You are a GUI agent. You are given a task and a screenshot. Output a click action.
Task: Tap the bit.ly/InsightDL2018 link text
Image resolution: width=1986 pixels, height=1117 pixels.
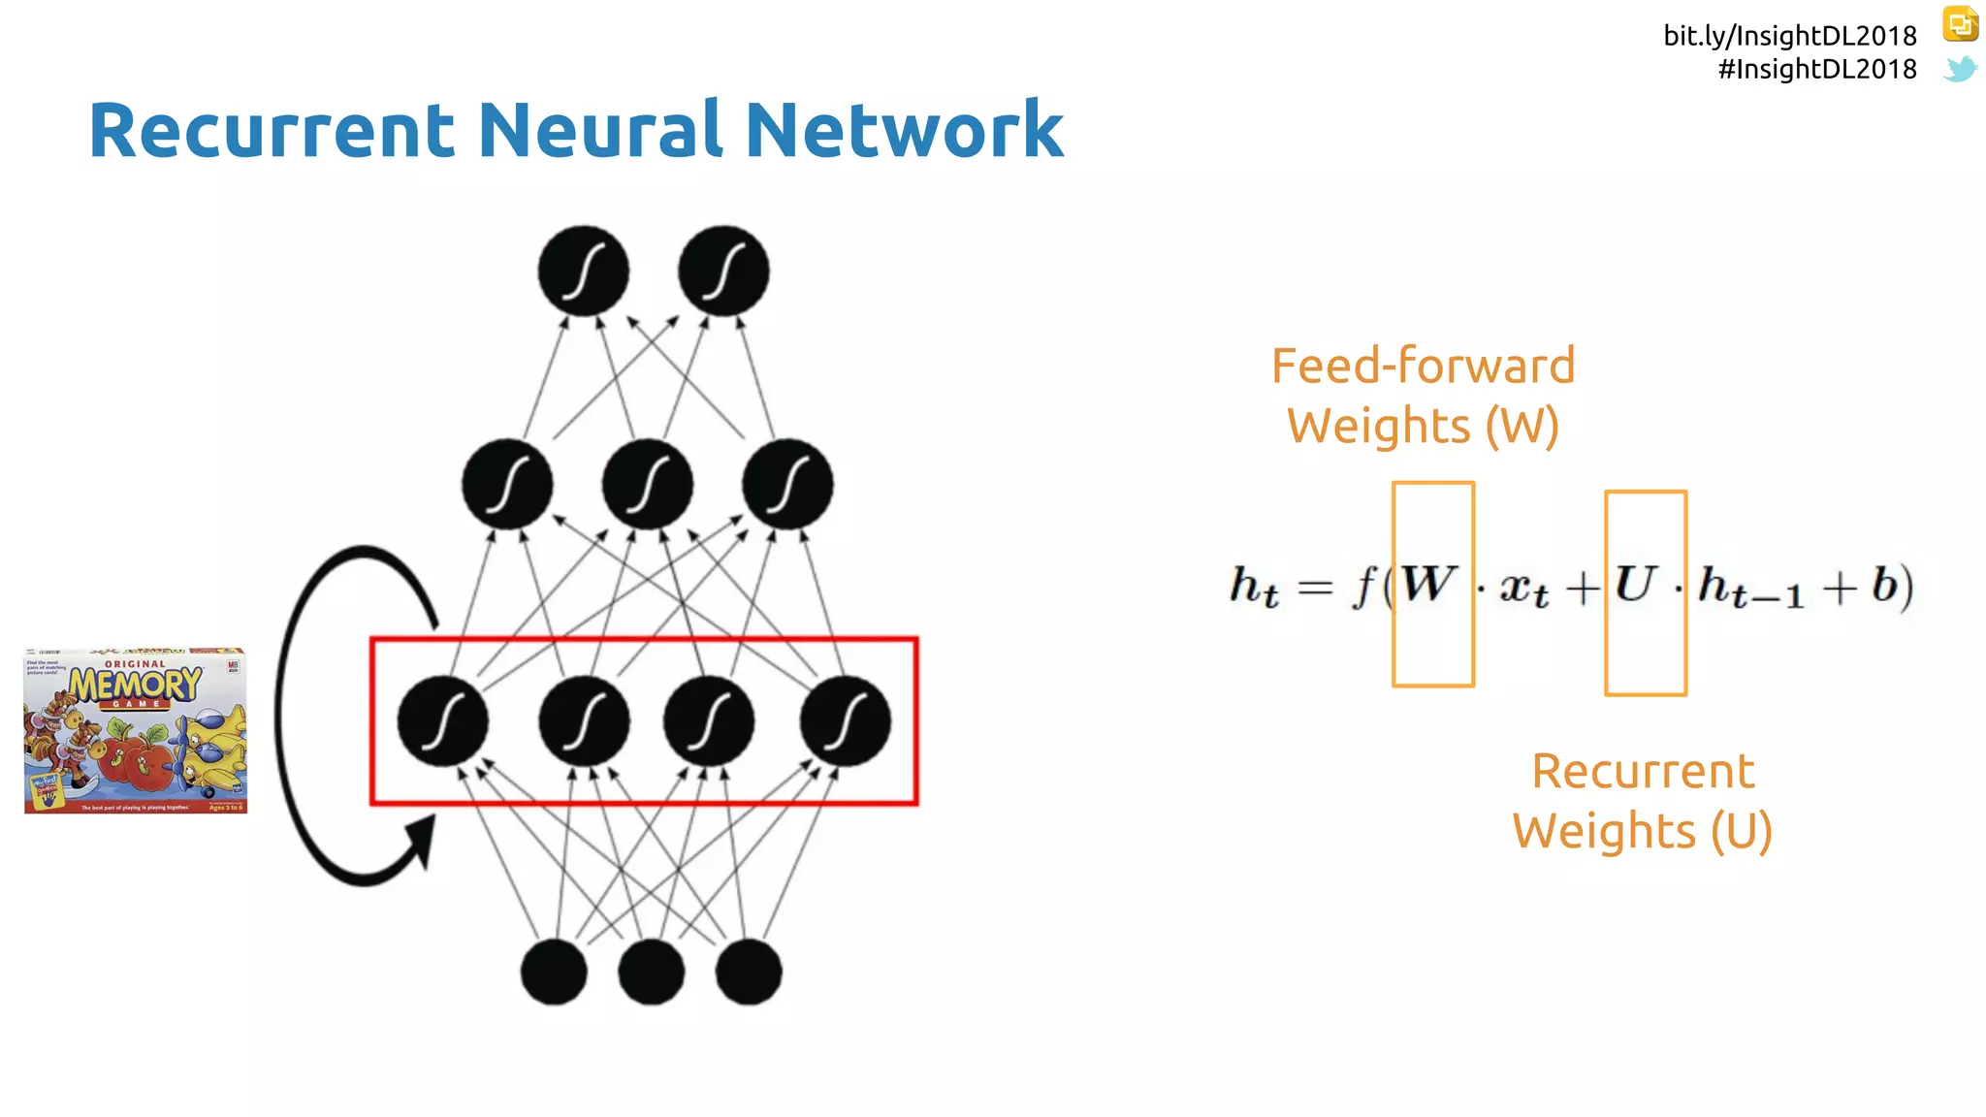tap(1790, 36)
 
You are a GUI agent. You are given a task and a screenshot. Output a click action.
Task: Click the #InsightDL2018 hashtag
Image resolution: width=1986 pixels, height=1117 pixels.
tap(1817, 70)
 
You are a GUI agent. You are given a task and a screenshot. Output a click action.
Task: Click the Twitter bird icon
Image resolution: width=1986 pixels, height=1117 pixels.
tap(1960, 70)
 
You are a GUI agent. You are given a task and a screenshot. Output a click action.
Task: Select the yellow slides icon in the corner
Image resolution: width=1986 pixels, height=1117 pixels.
tap(1960, 24)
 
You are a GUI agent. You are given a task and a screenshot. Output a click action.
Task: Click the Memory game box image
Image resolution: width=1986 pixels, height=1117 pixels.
tap(136, 730)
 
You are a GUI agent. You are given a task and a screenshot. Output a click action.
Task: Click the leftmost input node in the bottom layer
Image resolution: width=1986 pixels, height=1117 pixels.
tap(554, 972)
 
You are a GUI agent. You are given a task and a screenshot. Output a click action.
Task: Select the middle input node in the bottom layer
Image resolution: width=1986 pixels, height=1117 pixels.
tap(651, 972)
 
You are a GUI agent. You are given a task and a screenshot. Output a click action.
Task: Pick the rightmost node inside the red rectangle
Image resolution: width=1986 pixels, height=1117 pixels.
tap(845, 721)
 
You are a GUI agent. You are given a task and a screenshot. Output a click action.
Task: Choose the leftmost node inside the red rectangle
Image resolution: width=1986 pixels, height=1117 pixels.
tap(443, 721)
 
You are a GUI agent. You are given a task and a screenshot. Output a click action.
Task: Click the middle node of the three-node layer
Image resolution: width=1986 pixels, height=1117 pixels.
tap(647, 484)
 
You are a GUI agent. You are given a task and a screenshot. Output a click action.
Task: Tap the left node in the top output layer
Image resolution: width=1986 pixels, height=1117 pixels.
tap(583, 271)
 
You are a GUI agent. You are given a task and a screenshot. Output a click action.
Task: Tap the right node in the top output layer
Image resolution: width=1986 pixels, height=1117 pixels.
tap(723, 271)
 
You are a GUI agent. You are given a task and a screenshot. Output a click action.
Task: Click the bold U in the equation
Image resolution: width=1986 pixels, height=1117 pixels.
tap(1635, 585)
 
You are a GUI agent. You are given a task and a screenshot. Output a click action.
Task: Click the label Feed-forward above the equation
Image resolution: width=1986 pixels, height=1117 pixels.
tap(1423, 367)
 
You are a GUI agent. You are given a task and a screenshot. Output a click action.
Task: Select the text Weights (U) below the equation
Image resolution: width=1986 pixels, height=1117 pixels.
tap(1642, 831)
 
